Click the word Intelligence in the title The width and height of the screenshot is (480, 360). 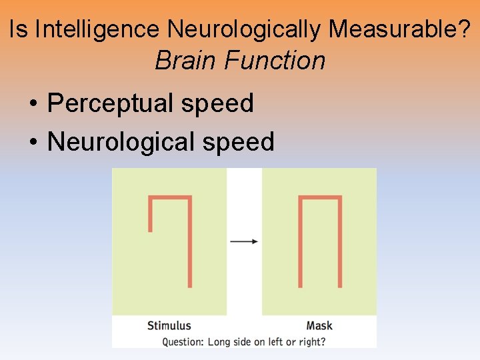[97, 29]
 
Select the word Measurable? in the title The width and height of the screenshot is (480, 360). [400, 29]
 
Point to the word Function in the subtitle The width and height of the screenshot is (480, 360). [275, 61]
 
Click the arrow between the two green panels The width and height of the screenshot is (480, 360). [244, 241]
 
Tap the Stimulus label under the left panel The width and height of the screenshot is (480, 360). [169, 326]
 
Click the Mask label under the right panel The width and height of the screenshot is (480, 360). [319, 326]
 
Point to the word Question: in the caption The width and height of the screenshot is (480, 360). [183, 342]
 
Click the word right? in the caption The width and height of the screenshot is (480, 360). [312, 342]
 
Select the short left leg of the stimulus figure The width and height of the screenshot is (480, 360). [151, 213]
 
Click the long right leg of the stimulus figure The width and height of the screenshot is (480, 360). [189, 243]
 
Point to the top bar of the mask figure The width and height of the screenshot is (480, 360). [320, 198]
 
